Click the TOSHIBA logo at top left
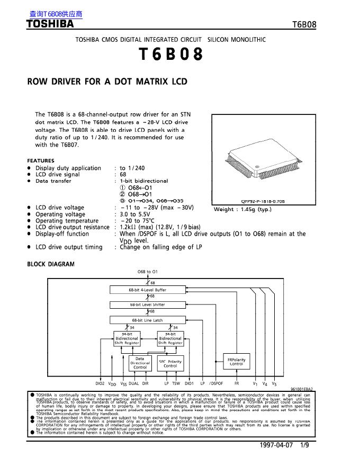point(50,24)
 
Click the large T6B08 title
point(170,55)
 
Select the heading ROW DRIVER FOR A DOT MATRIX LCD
point(107,82)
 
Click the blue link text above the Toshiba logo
point(52,14)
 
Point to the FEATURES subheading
point(41,160)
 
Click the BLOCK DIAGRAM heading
point(51,264)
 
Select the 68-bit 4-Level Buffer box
point(148,290)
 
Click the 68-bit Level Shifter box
point(148,304)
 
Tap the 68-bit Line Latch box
point(148,320)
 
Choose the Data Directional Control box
point(140,363)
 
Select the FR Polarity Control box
point(237,362)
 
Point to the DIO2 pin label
point(100,383)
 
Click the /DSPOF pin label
point(216,383)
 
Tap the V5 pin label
point(274,383)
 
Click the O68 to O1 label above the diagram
point(148,272)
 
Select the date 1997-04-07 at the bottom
point(276,445)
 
